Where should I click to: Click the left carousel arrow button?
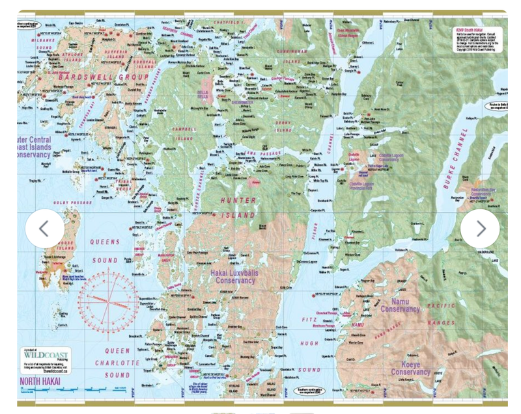[44, 229]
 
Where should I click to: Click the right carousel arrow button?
[480, 229]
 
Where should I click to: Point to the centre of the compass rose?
[109, 300]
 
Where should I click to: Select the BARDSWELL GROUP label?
[105, 77]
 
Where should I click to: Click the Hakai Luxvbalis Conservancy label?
[226, 278]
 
